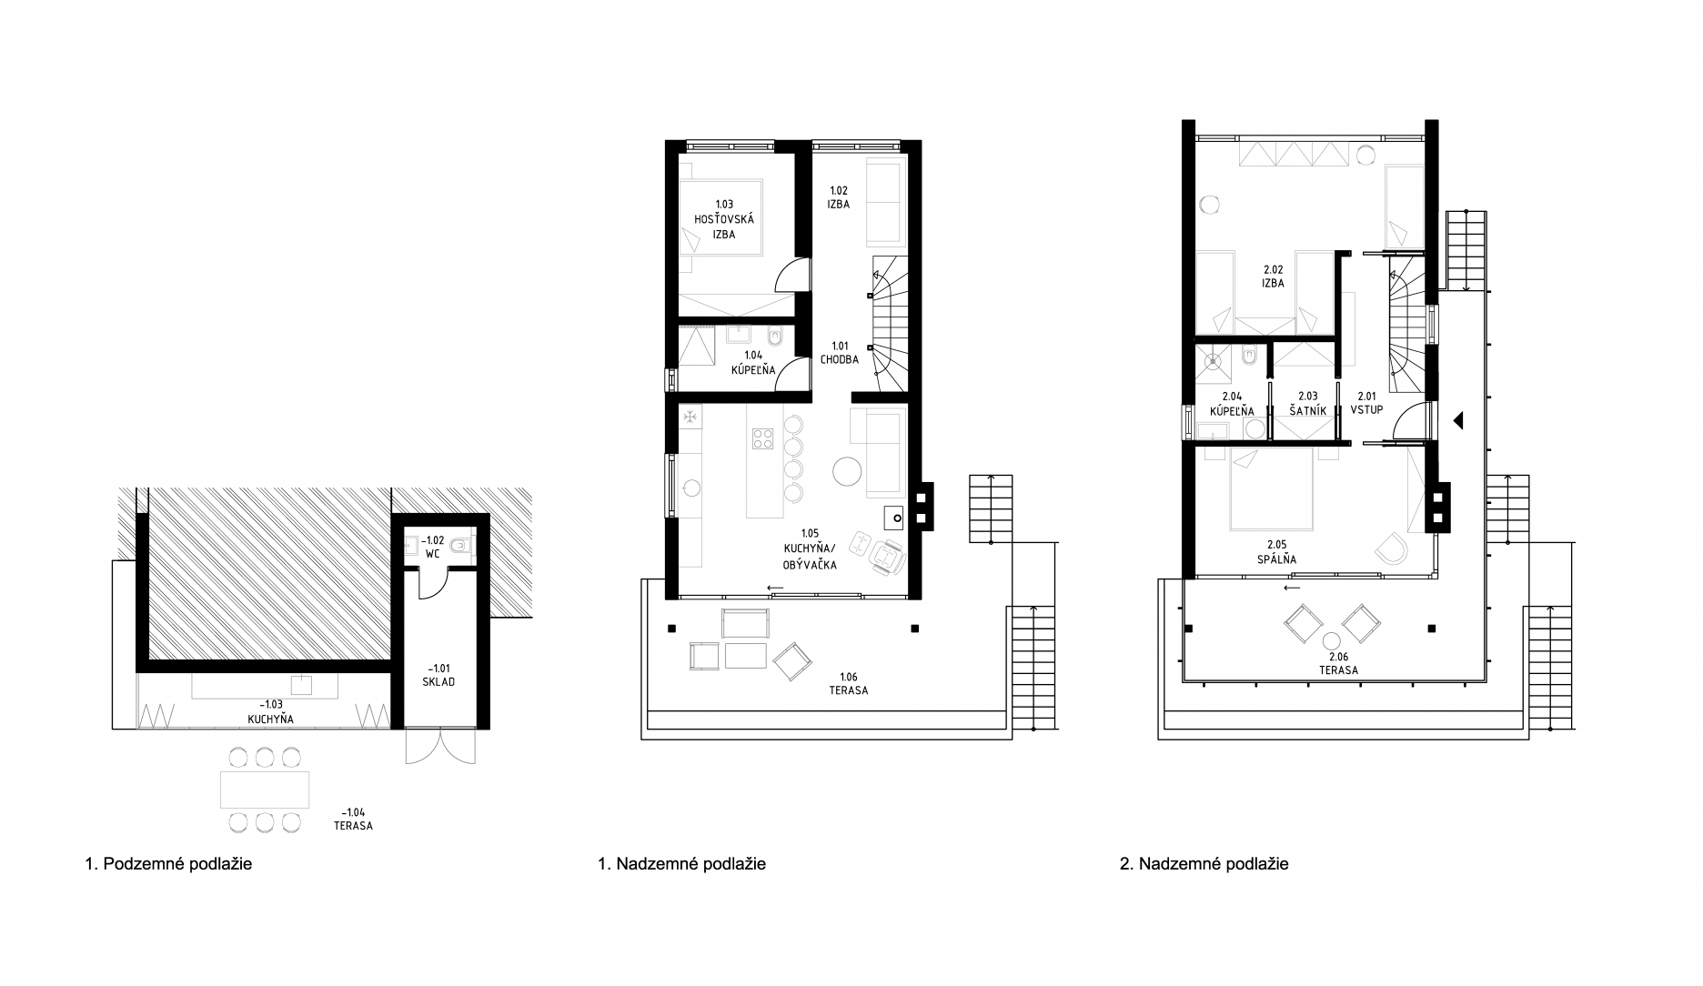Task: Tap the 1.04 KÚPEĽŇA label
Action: click(753, 363)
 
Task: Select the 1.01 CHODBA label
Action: click(840, 353)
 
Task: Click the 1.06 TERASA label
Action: click(848, 683)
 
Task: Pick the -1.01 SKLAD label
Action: click(438, 674)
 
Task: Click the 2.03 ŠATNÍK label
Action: click(1308, 403)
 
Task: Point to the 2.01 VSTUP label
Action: click(1366, 403)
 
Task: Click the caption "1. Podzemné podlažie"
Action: click(168, 864)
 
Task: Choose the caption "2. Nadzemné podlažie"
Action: click(1204, 864)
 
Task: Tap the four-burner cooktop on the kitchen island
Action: click(761, 440)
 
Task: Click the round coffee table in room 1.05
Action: click(848, 471)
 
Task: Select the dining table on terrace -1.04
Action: click(265, 790)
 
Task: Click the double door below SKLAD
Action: click(439, 746)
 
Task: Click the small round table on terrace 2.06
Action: click(1333, 640)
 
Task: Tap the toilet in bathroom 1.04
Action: click(776, 337)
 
